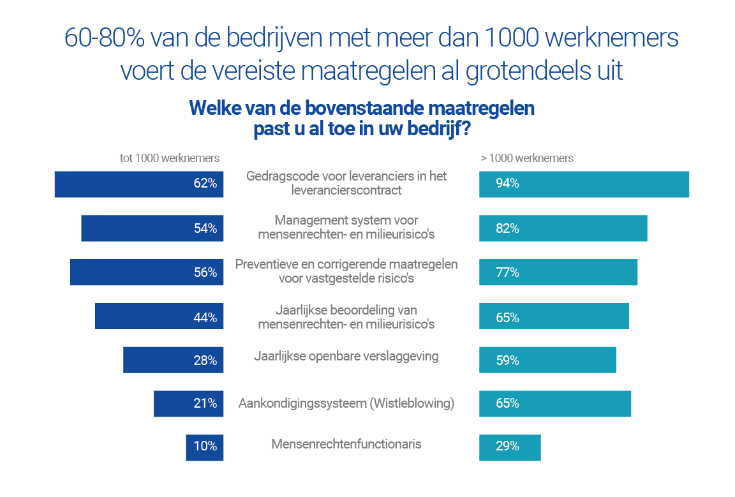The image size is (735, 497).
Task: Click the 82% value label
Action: [x=507, y=228]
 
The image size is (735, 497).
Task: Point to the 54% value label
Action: [x=205, y=228]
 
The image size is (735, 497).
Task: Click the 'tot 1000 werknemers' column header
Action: [x=170, y=158]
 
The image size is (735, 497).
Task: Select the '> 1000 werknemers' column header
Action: [x=527, y=158]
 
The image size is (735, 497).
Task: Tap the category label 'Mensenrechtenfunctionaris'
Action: [x=346, y=444]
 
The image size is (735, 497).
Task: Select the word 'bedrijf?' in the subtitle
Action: [x=438, y=129]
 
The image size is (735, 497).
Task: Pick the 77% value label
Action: [x=507, y=272]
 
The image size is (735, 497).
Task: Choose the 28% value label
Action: [x=205, y=360]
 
